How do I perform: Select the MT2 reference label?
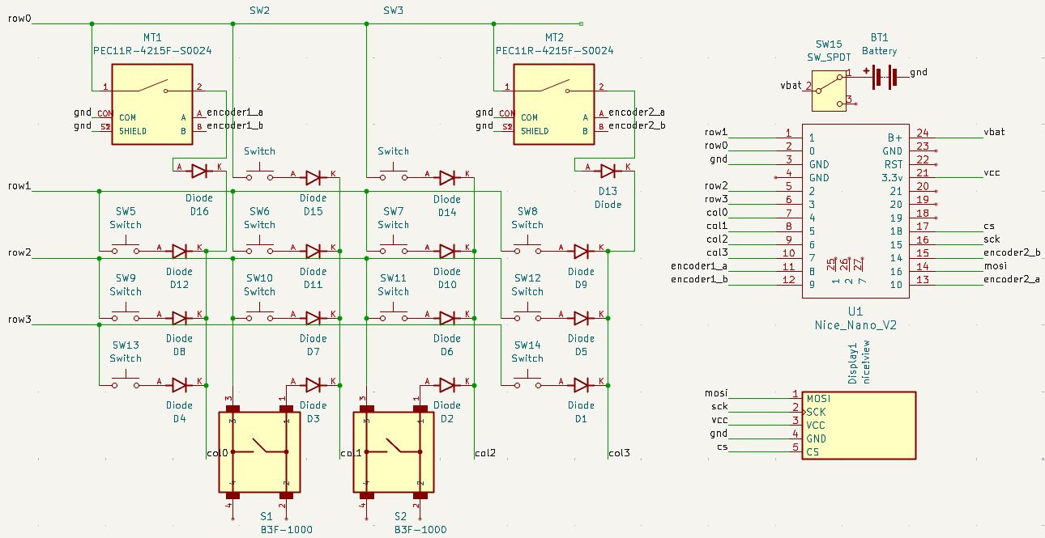click(554, 38)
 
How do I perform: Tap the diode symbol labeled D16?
click(198, 171)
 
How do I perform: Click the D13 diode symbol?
click(608, 171)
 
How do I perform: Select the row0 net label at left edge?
click(19, 18)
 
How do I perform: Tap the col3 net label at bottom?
click(619, 453)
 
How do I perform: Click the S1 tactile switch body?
click(259, 451)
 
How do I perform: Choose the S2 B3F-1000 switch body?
click(393, 451)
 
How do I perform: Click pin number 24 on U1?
click(922, 133)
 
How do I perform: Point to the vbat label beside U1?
click(994, 132)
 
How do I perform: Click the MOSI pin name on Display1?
click(818, 399)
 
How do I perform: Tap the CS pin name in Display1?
click(813, 451)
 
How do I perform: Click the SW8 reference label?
click(527, 212)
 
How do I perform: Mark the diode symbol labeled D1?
click(580, 384)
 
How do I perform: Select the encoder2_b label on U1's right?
click(1012, 253)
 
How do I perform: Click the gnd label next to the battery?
click(919, 72)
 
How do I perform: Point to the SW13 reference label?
click(126, 345)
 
